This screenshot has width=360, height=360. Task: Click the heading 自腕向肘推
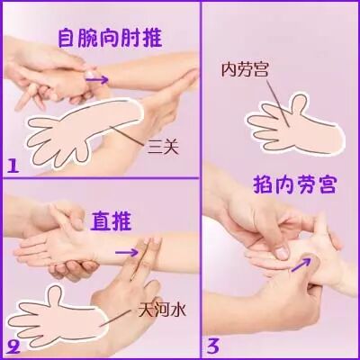click(x=110, y=38)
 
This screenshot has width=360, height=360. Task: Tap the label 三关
click(x=163, y=148)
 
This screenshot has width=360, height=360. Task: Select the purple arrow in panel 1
click(x=96, y=79)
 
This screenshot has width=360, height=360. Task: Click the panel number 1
click(x=13, y=166)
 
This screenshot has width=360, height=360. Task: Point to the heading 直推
click(x=111, y=220)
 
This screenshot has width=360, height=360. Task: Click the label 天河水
click(x=162, y=310)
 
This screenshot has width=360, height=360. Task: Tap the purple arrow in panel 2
click(x=127, y=252)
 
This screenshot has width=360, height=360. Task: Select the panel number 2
click(x=13, y=347)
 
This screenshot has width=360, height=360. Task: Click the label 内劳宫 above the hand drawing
click(x=245, y=69)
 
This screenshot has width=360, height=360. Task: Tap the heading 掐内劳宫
click(x=294, y=184)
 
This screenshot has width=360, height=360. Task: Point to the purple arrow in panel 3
click(x=301, y=265)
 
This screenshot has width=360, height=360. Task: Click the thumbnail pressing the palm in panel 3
click(x=282, y=253)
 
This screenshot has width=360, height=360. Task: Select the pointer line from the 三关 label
click(x=127, y=136)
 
